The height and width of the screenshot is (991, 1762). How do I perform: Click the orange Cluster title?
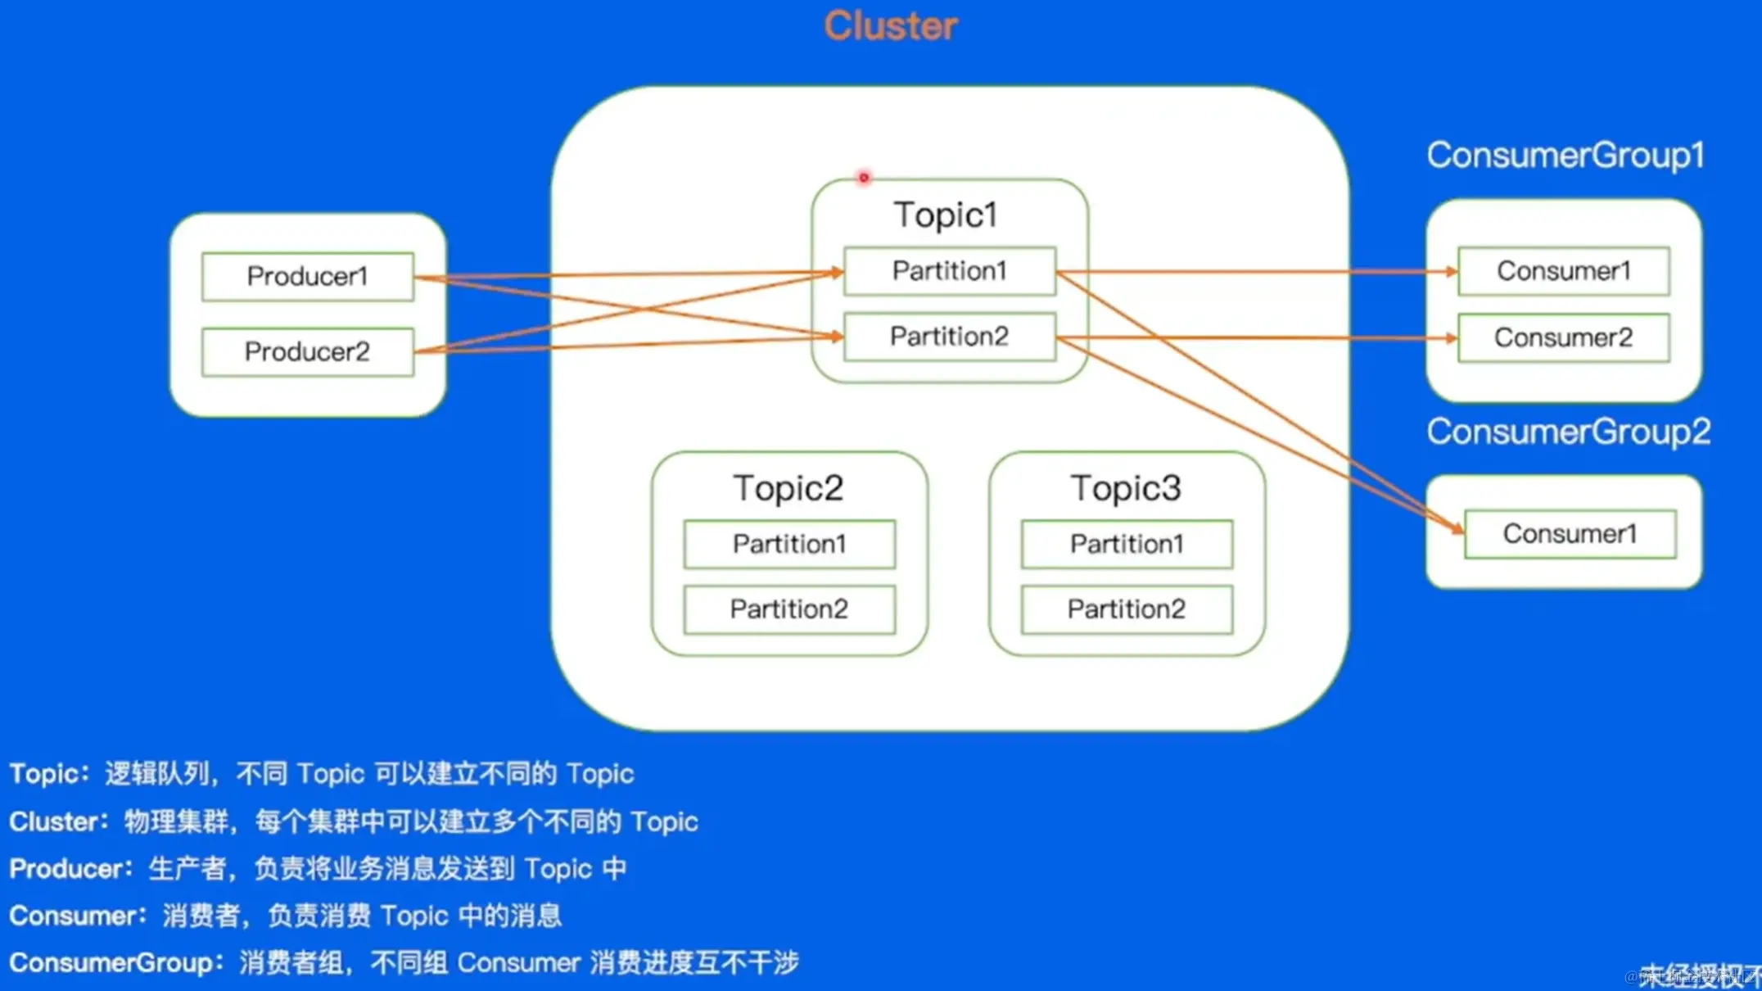tap(890, 26)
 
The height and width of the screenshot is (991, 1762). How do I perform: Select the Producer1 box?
tap(307, 277)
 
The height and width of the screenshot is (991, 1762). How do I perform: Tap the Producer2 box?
tap(307, 352)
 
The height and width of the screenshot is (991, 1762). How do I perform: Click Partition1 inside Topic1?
tap(949, 271)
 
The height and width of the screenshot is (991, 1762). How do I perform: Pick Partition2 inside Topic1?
tap(949, 337)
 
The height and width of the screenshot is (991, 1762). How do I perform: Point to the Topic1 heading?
tap(946, 215)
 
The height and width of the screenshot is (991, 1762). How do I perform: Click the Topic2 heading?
tap(788, 488)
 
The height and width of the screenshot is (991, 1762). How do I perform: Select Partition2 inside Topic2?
tap(788, 609)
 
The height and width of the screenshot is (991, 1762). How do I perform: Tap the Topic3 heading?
tap(1126, 488)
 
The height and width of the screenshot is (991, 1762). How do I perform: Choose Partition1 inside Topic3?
tap(1127, 544)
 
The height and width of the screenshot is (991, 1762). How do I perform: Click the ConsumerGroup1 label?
tap(1565, 156)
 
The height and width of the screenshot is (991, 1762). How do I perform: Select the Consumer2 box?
tap(1563, 337)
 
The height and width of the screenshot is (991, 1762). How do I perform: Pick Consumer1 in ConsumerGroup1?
tap(1563, 271)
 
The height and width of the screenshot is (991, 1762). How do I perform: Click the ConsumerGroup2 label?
tap(1568, 432)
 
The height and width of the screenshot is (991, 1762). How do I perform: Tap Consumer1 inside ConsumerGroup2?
tap(1570, 534)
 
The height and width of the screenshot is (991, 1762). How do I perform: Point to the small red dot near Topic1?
tap(863, 178)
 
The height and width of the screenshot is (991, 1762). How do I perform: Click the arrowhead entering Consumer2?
tap(1452, 337)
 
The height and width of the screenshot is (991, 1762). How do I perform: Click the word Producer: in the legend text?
tap(70, 869)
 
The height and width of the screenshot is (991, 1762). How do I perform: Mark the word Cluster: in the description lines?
tap(58, 821)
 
